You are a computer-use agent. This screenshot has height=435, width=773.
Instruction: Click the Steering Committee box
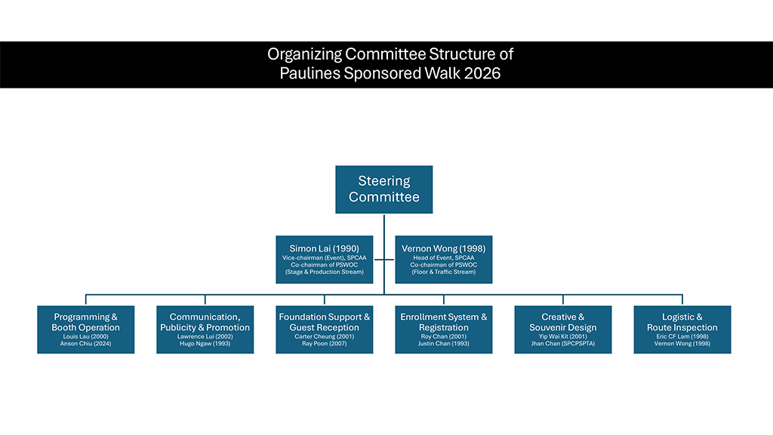[384, 189]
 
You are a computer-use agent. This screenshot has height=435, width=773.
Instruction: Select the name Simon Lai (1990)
[324, 248]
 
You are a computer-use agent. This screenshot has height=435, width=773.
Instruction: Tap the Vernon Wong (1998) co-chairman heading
[443, 248]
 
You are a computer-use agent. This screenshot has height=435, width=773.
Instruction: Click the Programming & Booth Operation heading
[86, 322]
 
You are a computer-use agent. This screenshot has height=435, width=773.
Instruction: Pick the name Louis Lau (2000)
[86, 336]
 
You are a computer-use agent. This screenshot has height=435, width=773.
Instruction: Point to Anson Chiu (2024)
[86, 344]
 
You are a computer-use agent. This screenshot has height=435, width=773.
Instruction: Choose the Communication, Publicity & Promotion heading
[205, 322]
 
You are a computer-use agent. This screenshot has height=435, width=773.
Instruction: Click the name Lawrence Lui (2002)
[205, 336]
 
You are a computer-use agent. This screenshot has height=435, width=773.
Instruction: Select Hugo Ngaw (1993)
[205, 344]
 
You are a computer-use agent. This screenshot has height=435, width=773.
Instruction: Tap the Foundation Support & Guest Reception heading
[324, 322]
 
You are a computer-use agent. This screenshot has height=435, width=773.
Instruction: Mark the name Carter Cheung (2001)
[324, 336]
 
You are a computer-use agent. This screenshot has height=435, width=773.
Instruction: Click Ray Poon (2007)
[324, 344]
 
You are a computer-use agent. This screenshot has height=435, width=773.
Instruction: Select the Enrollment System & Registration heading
[443, 322]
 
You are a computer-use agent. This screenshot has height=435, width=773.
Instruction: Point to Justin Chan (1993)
[443, 344]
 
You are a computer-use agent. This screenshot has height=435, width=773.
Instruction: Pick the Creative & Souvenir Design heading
[562, 322]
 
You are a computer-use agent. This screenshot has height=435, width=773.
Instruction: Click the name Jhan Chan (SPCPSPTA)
[562, 344]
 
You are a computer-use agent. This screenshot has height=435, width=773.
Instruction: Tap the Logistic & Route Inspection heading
[682, 322]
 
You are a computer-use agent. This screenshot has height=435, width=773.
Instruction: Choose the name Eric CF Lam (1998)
[682, 336]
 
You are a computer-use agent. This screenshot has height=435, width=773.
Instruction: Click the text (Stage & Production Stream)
[324, 272]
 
